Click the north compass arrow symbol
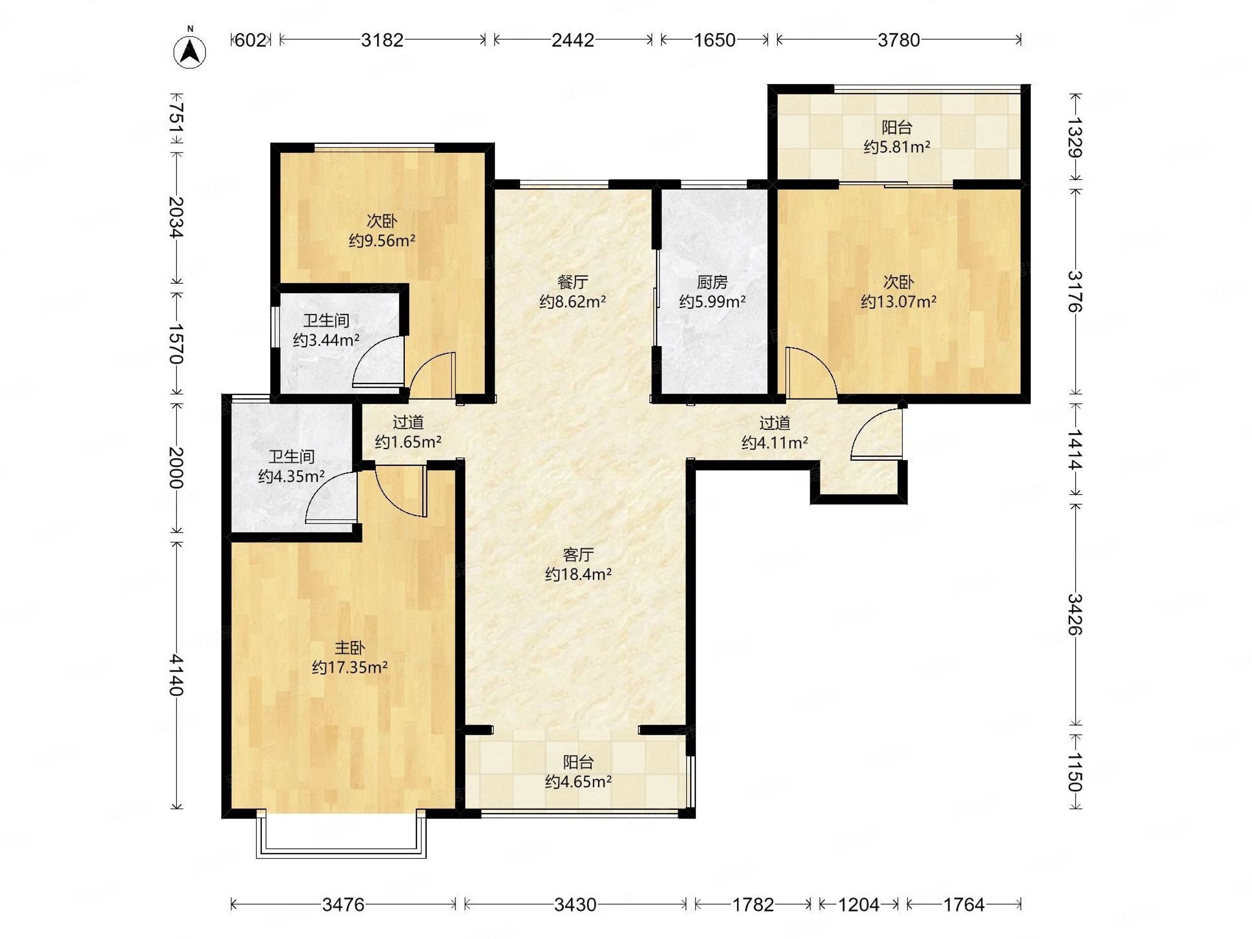[190, 52]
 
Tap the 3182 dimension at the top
[382, 40]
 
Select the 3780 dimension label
[899, 40]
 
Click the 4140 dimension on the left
[177, 675]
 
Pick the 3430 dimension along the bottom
[575, 905]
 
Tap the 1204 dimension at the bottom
[859, 905]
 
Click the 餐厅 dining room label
[573, 281]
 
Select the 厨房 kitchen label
[712, 281]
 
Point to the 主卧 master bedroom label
[350, 647]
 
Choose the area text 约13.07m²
[899, 301]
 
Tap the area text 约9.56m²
[382, 240]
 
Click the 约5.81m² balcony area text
[897, 147]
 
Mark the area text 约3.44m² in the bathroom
[327, 340]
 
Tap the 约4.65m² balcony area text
[579, 781]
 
